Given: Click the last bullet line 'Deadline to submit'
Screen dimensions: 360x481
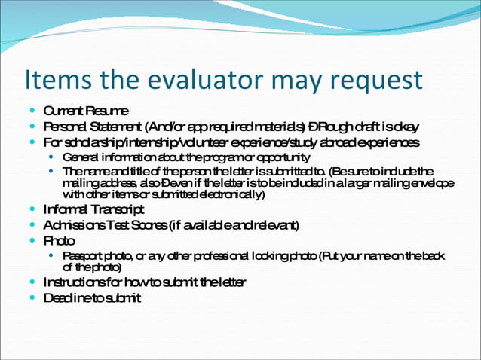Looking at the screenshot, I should pyautogui.click(x=91, y=298).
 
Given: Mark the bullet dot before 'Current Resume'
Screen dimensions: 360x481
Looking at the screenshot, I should pyautogui.click(x=32, y=111).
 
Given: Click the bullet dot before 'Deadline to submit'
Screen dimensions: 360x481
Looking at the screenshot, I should pyautogui.click(x=32, y=298).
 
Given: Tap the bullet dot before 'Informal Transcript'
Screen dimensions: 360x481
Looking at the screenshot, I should pyautogui.click(x=32, y=209).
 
